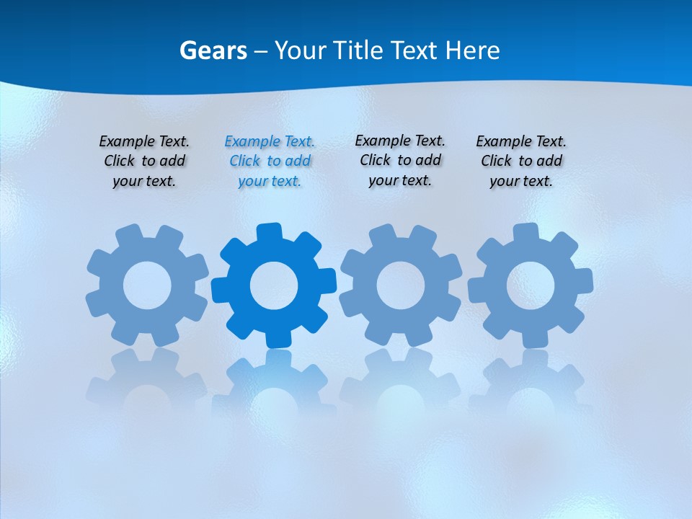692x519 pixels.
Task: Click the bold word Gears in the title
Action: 213,50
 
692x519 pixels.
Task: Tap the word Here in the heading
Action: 472,50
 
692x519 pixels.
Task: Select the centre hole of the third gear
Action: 401,285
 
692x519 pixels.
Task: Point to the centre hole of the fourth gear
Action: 530,285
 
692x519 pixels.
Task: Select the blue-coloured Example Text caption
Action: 270,161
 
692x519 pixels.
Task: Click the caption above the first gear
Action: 144,161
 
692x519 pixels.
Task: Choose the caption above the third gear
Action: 400,161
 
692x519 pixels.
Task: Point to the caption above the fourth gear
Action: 521,161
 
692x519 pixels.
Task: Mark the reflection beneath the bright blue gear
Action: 274,382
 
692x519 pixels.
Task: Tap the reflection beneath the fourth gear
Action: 530,382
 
